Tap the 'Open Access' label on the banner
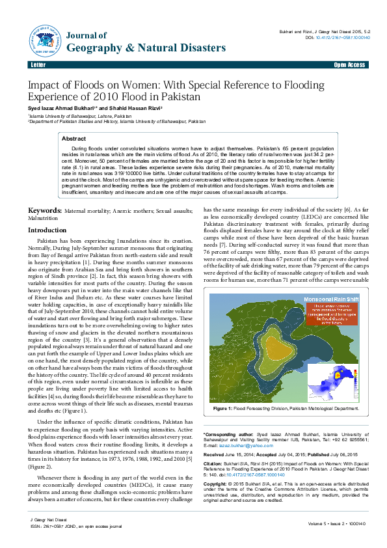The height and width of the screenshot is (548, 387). tap(349, 66)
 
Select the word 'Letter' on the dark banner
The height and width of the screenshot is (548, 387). tap(37, 66)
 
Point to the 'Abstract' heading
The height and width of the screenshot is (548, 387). tap(73, 139)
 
